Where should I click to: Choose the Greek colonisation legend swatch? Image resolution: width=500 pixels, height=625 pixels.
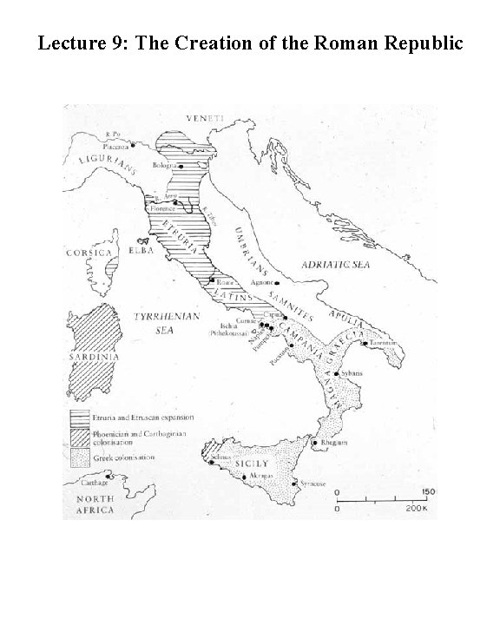(79, 456)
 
